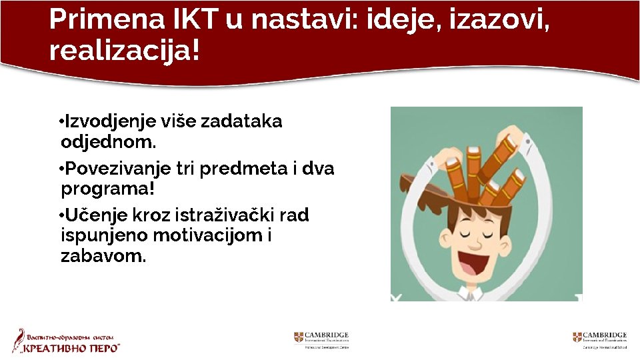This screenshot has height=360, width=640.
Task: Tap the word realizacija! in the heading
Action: point(124,50)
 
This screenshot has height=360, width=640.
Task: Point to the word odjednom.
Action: point(109,142)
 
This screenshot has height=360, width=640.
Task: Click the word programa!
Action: point(107,189)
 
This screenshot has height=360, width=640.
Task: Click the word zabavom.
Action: point(103,256)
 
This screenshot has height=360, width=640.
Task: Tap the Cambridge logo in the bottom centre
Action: point(321,339)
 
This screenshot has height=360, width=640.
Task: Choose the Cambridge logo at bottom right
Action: point(599,339)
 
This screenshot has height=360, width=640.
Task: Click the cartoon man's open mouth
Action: point(474,259)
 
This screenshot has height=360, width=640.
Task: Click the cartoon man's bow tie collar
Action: point(475,293)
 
